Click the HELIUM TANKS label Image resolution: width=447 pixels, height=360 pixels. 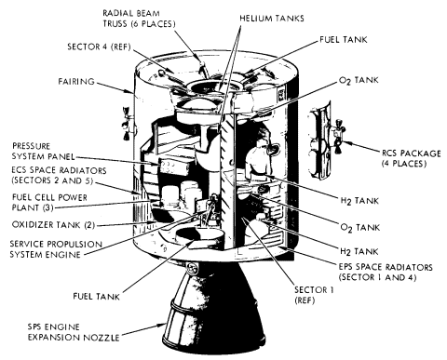272,19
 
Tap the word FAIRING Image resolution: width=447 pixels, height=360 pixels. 76,82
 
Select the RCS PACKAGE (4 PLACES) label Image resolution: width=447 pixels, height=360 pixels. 412,158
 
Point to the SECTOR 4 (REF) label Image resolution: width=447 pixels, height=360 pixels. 100,47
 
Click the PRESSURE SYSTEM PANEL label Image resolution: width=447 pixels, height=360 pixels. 44,151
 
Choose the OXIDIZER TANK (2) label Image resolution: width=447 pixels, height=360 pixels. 53,224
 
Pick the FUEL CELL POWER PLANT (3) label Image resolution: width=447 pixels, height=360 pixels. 49,203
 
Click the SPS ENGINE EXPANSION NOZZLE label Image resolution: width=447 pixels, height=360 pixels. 74,332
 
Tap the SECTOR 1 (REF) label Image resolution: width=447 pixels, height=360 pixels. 314,295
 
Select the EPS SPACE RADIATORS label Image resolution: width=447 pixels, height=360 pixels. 386,272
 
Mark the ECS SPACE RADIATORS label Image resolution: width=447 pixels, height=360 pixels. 59,175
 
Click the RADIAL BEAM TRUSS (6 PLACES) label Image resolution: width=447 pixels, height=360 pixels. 140,19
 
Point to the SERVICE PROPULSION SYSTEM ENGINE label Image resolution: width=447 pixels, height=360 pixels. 56,249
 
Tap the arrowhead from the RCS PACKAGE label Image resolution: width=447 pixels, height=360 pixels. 345,143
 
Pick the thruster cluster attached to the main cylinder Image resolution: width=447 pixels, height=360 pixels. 127,124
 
